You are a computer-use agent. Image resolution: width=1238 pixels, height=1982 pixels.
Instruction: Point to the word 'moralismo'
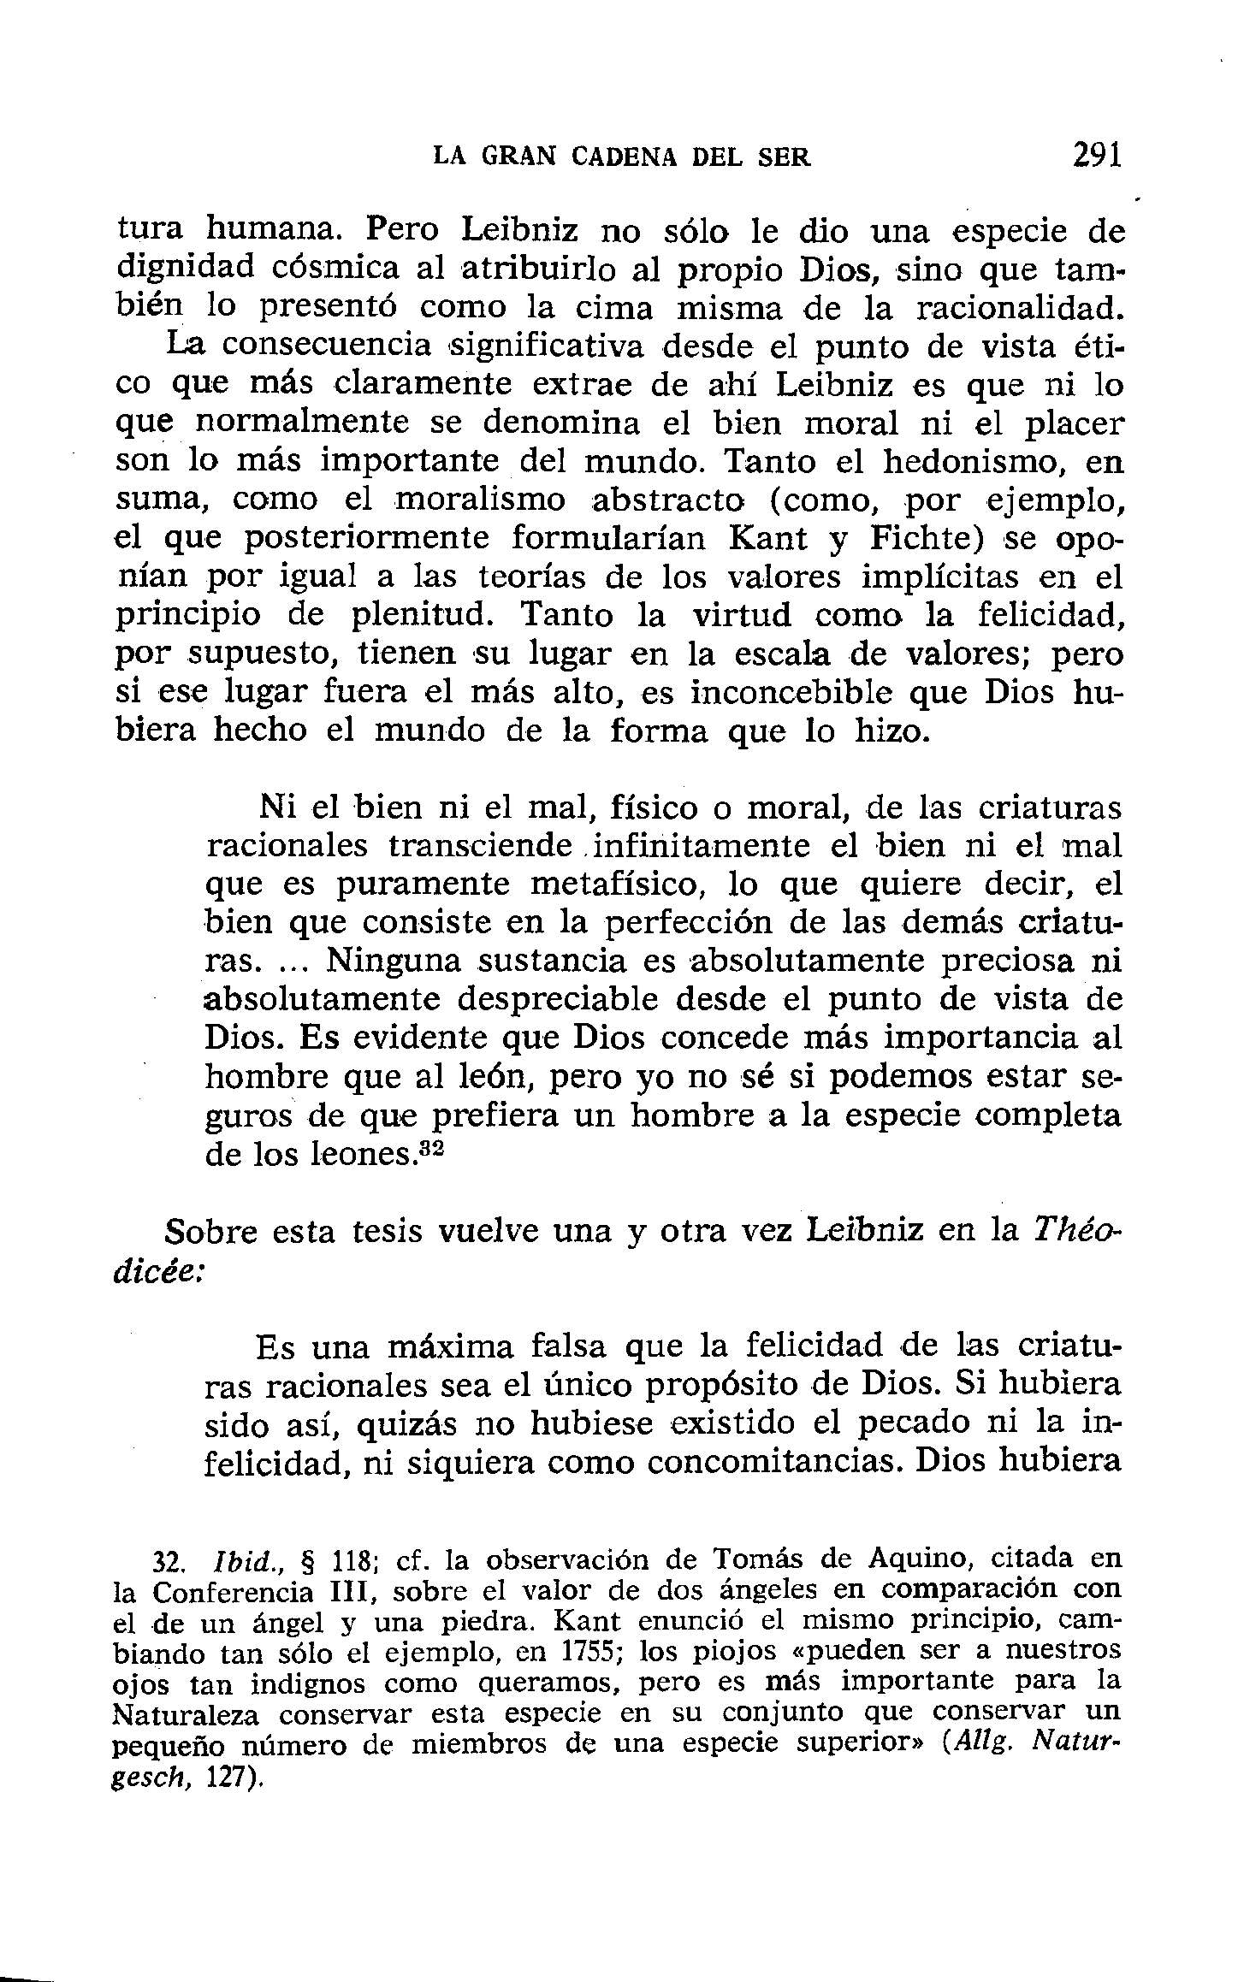click(484, 500)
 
